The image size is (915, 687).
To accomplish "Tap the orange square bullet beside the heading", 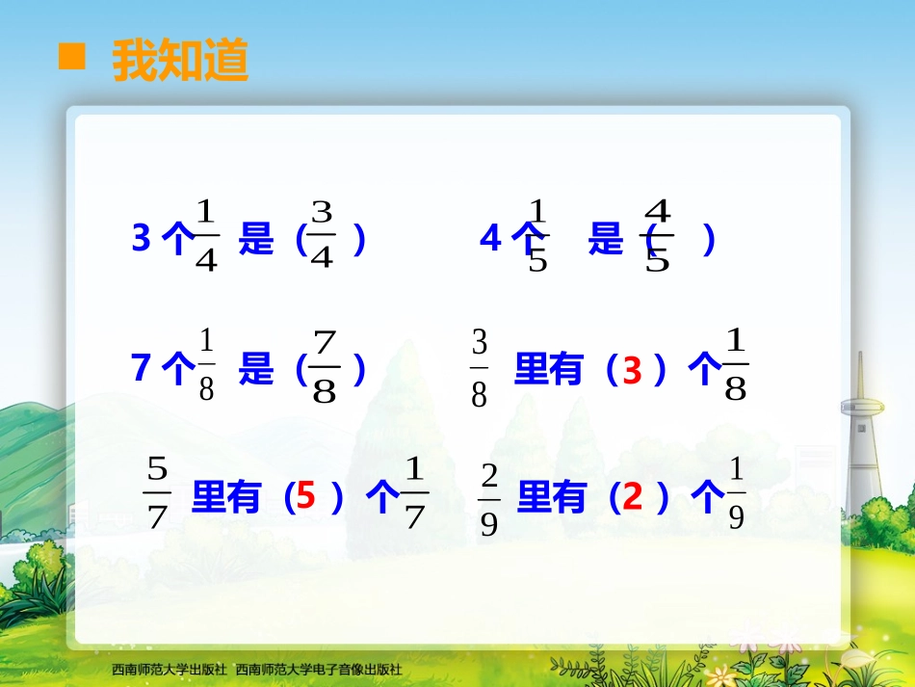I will click(72, 58).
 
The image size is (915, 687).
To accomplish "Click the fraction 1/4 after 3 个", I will click(206, 235).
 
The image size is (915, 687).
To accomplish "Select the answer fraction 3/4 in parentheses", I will click(322, 235).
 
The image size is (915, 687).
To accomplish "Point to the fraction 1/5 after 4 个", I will click(537, 235).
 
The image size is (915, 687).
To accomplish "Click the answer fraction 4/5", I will click(657, 235).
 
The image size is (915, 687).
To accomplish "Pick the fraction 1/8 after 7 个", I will click(206, 367).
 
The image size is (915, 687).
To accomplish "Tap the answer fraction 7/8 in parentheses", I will click(325, 367).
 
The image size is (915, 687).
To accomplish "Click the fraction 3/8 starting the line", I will click(479, 367).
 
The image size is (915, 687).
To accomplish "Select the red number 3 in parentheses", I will click(631, 371).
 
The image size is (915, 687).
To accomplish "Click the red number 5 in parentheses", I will click(305, 497).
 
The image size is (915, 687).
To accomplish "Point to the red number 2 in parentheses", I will click(632, 497).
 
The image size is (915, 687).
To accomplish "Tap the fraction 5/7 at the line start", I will click(157, 493).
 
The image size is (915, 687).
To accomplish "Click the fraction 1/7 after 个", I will click(414, 493).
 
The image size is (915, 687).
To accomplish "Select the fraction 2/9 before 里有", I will click(488, 498).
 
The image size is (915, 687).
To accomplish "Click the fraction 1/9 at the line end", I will click(736, 493).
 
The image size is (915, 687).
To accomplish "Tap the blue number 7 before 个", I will click(141, 368).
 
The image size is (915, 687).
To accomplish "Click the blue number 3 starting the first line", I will click(141, 238).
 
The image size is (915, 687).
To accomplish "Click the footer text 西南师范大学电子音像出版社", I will click(319, 669).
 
